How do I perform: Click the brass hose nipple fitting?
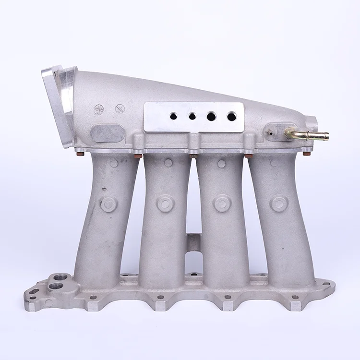pyautogui.click(x=310, y=135)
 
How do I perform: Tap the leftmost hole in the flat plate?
pyautogui.click(x=173, y=116)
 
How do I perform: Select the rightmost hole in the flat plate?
pyautogui.click(x=232, y=116)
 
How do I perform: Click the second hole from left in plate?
pyautogui.click(x=192, y=116)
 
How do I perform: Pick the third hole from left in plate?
pyautogui.click(x=211, y=116)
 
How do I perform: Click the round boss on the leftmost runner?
pyautogui.click(x=108, y=204)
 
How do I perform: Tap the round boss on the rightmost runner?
pyautogui.click(x=279, y=204)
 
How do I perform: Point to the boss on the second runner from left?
pyautogui.click(x=165, y=204)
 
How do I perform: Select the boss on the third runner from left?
pyautogui.click(x=222, y=204)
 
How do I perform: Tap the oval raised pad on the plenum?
pyautogui.click(x=107, y=133)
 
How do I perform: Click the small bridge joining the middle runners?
pyautogui.click(x=193, y=242)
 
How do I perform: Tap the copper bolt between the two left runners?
pyautogui.click(x=138, y=156)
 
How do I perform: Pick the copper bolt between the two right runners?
pyautogui.click(x=249, y=156)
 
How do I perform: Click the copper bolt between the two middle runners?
pyautogui.click(x=193, y=156)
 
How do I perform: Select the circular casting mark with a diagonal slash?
pyautogui.click(x=120, y=109)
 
